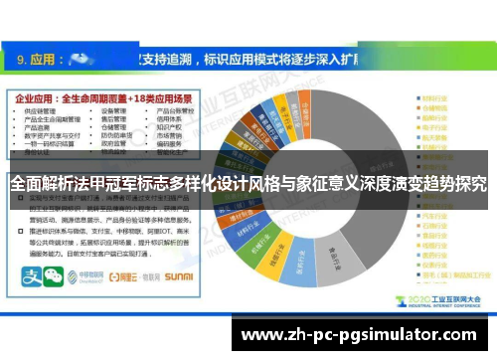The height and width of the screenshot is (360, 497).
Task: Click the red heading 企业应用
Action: (36, 100)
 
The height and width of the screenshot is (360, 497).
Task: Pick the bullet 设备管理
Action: (111, 112)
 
